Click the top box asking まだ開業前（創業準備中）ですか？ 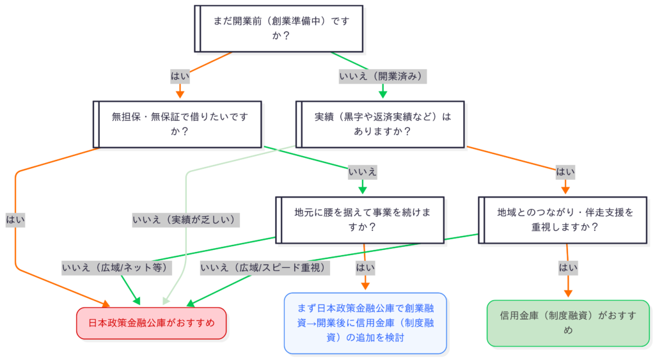(279, 29)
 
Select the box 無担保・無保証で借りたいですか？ (177, 124)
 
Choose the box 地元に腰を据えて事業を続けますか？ (359, 220)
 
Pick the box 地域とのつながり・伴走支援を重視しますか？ (565, 220)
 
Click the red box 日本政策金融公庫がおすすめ (152, 323)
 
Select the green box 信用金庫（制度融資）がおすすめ (568, 323)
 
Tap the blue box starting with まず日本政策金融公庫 (365, 323)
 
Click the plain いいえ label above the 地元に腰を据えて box (362, 172)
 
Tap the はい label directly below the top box (180, 76)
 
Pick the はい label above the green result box (567, 268)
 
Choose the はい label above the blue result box (365, 268)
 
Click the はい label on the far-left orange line (15, 220)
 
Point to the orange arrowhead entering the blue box (365, 287)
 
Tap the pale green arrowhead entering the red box (166, 301)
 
